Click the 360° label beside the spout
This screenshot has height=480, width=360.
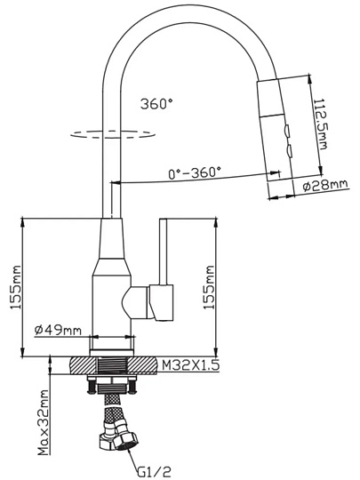(x=156, y=104)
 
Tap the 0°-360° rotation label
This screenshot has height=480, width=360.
(x=195, y=173)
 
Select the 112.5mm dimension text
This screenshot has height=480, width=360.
(x=320, y=124)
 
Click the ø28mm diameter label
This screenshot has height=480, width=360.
(x=325, y=186)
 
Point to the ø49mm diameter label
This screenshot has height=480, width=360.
(x=58, y=330)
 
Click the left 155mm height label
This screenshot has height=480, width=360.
(x=15, y=287)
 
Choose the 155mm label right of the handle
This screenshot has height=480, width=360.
(x=210, y=287)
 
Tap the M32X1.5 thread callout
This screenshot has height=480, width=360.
(x=190, y=364)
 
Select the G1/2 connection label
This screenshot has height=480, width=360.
(x=154, y=470)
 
